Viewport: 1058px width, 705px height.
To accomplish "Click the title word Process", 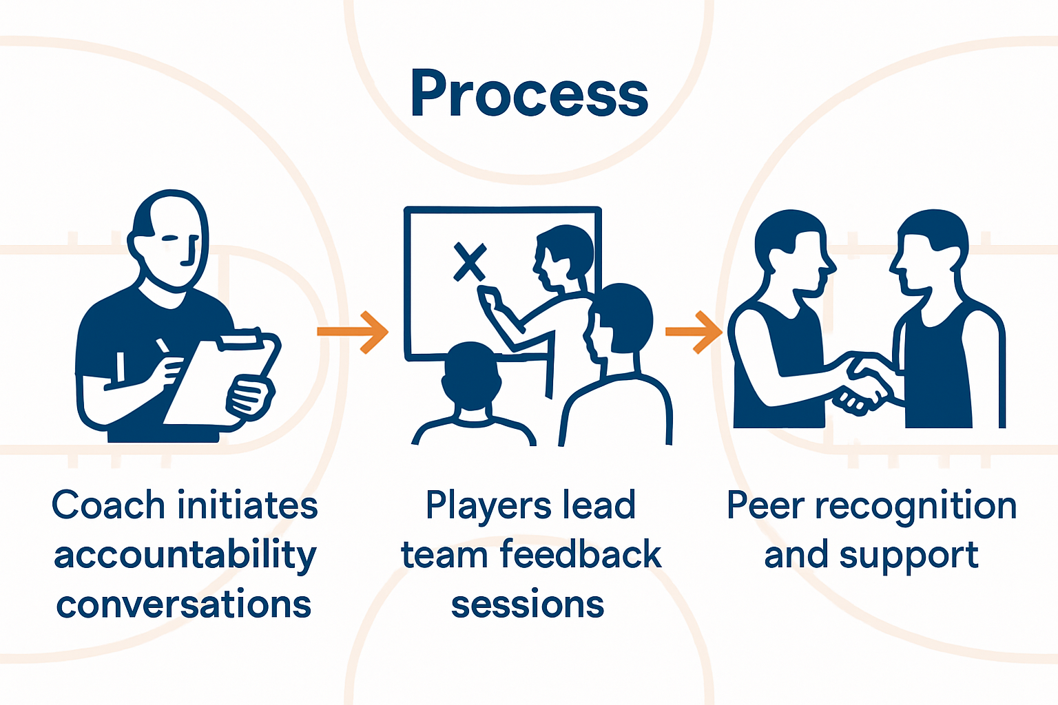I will (529, 94).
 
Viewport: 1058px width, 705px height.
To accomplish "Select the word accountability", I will (185, 556).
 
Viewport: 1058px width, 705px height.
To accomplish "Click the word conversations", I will (184, 605).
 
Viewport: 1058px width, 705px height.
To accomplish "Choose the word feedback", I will (581, 555).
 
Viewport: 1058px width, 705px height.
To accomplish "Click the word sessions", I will (528, 605).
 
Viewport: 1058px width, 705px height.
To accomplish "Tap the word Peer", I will (765, 506).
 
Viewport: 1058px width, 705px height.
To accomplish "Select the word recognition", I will (916, 506).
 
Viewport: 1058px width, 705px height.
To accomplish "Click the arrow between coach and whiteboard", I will (353, 332).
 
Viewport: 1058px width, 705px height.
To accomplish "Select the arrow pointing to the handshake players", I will (694, 332).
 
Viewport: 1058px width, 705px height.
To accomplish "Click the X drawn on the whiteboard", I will (470, 262).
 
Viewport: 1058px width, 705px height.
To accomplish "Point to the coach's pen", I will (163, 346).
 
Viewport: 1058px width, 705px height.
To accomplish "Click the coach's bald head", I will (170, 234).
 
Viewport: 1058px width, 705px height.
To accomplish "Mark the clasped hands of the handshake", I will (863, 389).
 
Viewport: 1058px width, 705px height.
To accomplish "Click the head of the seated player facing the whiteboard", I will (470, 375).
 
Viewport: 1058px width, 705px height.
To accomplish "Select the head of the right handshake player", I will (931, 251).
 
